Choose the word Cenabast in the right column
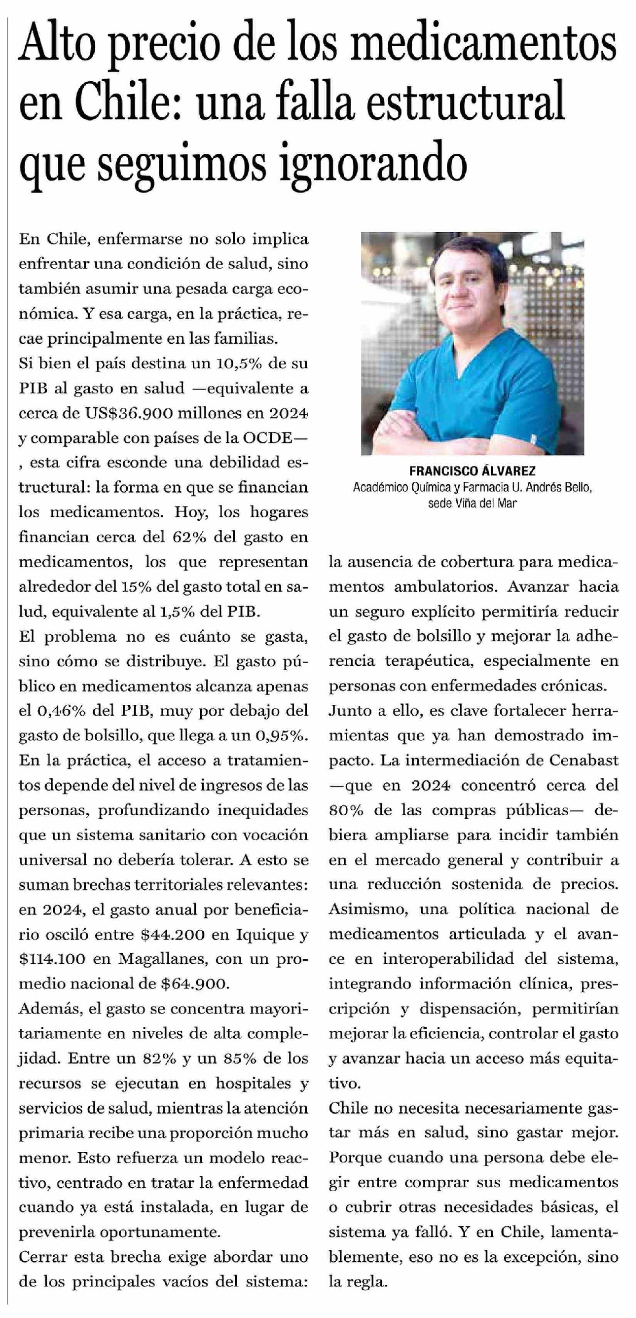point(584,760)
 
